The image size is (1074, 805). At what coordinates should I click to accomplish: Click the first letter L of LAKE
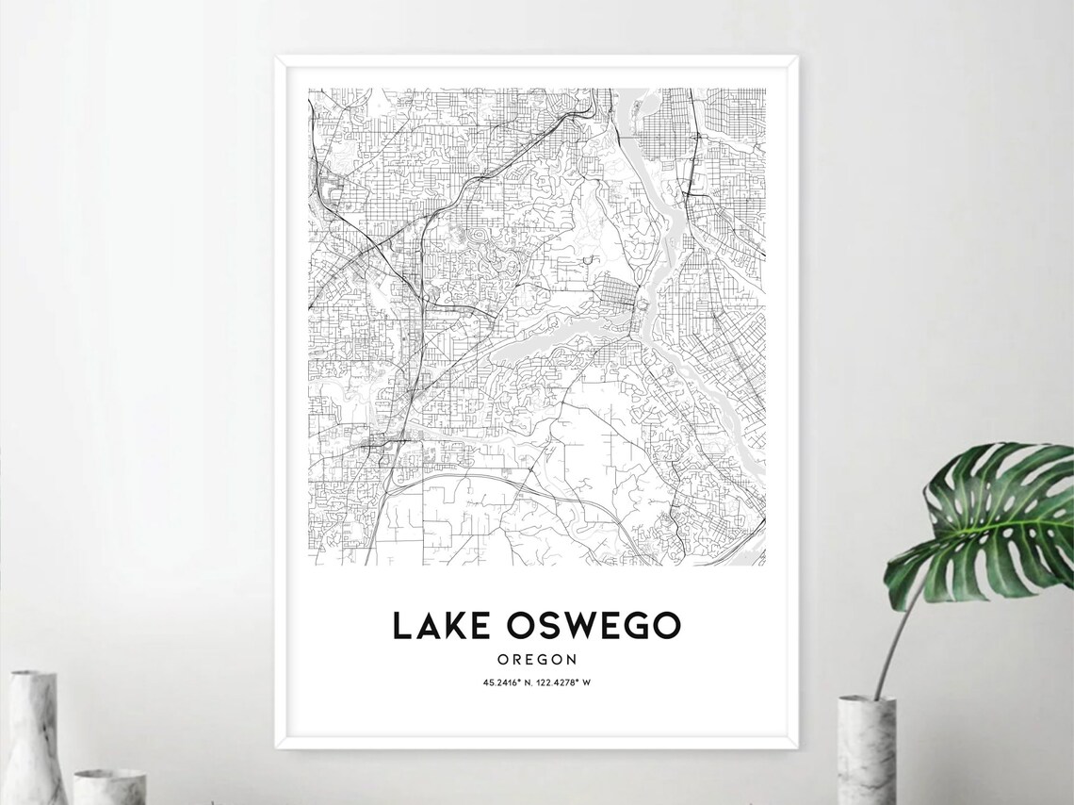pyautogui.click(x=401, y=626)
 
